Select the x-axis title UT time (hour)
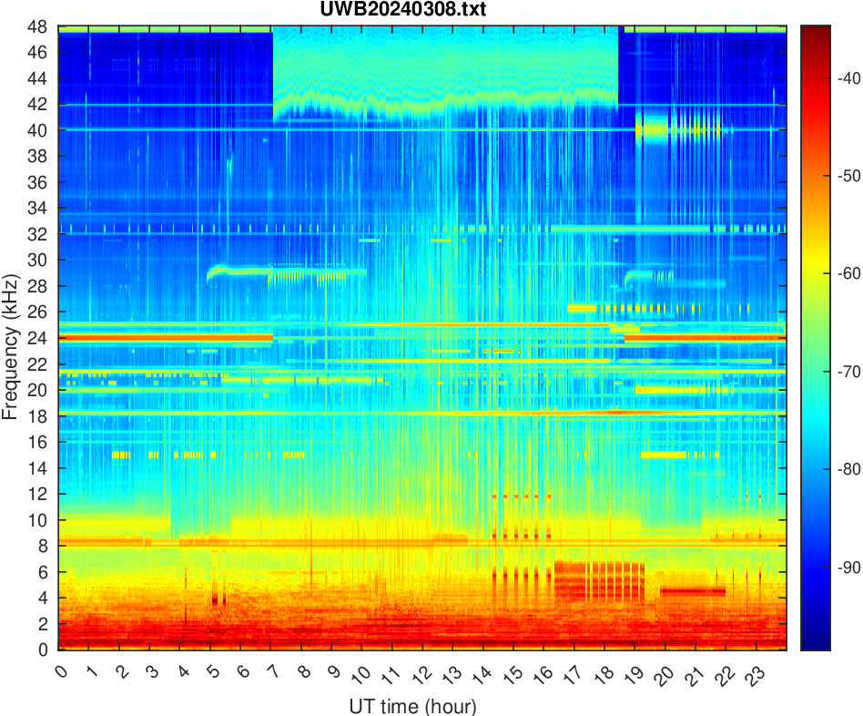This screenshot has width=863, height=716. coord(412,705)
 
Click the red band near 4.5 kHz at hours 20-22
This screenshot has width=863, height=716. coord(693,591)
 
